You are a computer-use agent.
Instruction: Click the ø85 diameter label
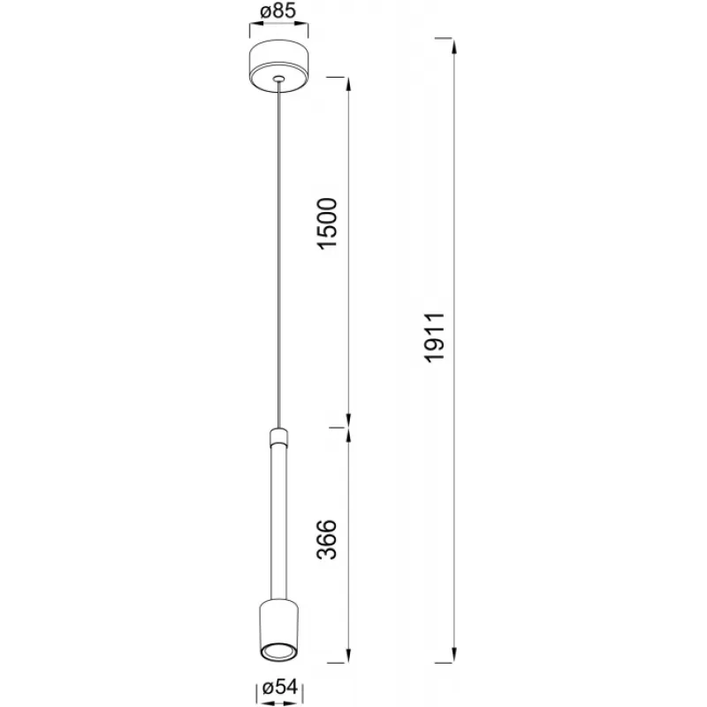278,11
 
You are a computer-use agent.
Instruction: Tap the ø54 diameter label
280,688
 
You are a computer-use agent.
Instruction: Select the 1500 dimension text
327,224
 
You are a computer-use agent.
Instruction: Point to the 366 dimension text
327,540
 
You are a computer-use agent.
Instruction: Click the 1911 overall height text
436,338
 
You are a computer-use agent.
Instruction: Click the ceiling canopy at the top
279,67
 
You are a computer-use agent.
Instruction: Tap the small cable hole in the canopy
279,79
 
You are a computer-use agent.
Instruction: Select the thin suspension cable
279,254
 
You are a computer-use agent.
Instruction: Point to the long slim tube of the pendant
279,522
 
